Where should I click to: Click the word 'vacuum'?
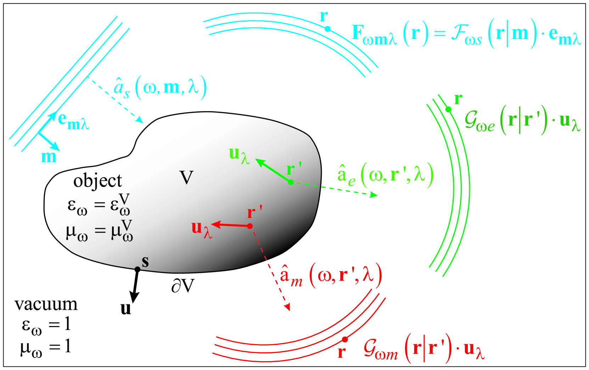click(x=46, y=304)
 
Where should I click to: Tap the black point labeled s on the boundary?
click(x=138, y=269)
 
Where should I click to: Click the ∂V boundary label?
click(x=183, y=286)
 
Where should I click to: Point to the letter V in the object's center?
click(x=186, y=178)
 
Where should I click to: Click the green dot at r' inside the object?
click(x=291, y=182)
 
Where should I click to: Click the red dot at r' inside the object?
click(x=250, y=226)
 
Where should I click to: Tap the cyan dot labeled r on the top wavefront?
click(x=328, y=29)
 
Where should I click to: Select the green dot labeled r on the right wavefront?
click(x=448, y=110)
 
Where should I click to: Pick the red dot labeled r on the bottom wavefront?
click(x=344, y=340)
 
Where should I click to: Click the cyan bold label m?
click(x=49, y=157)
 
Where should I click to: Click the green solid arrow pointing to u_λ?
click(x=273, y=170)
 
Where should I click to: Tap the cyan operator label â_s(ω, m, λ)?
click(x=160, y=88)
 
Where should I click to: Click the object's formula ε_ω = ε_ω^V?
click(x=99, y=205)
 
